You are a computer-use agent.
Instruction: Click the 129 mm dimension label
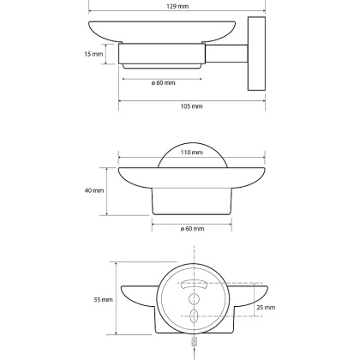pyautogui.click(x=177, y=6)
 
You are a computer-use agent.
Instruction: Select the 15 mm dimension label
pyautogui.click(x=93, y=54)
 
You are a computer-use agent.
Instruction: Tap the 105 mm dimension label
pyautogui.click(x=191, y=106)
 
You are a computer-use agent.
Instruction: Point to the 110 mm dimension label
pyautogui.click(x=191, y=153)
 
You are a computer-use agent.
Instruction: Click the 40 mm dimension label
pyautogui.click(x=94, y=190)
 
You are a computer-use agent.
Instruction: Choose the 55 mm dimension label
pyautogui.click(x=103, y=300)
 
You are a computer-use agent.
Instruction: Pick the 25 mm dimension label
pyautogui.click(x=266, y=308)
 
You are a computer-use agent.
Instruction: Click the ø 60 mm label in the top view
pyautogui.click(x=163, y=83)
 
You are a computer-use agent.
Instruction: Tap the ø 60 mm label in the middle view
pyautogui.click(x=192, y=229)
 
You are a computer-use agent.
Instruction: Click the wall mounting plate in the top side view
pyautogui.click(x=256, y=54)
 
